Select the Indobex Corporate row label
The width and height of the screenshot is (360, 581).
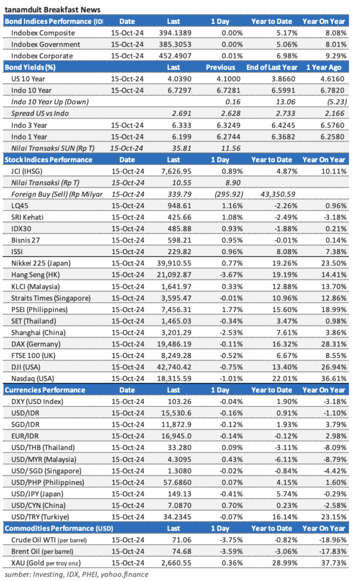pos(42,56)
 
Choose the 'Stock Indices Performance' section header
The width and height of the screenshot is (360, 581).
pos(49,159)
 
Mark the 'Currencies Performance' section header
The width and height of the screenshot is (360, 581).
pos(45,390)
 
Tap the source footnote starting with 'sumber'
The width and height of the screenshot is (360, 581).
pos(76,575)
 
